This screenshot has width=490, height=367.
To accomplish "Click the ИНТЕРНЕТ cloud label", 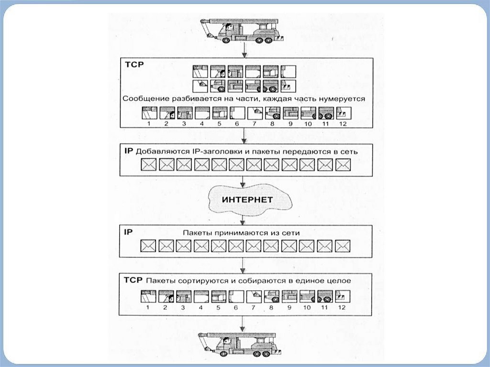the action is point(247,199).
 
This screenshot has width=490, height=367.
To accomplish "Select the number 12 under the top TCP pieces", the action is point(342,124).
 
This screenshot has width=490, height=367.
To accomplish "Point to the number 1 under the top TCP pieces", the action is point(149,124).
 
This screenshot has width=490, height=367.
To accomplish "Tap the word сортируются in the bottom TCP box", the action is point(197,281).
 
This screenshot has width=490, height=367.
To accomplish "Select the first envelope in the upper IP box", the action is point(149,165).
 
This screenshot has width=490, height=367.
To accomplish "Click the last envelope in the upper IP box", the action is point(343,165).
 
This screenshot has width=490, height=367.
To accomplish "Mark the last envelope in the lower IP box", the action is point(343,246).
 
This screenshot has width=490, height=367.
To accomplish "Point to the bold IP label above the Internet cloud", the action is point(128,151).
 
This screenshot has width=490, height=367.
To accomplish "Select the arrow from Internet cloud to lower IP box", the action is point(245,220).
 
